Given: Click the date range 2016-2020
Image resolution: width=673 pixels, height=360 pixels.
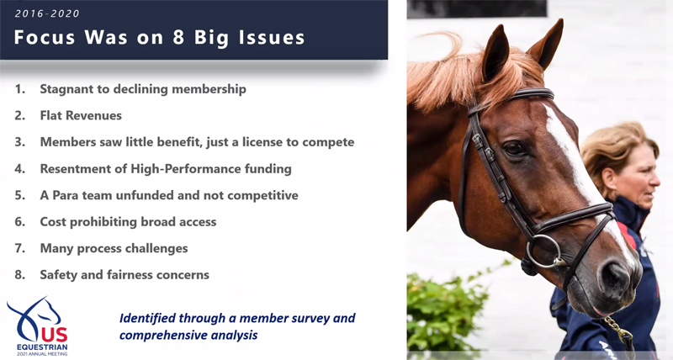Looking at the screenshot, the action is [47, 13].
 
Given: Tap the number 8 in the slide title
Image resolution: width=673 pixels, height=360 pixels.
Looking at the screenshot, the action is [178, 37].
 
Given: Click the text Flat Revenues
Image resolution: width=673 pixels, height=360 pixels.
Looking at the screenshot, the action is [81, 115].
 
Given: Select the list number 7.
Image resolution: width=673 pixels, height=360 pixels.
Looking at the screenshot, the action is [19, 248].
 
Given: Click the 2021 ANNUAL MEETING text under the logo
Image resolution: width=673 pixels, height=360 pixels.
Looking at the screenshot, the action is [42, 354].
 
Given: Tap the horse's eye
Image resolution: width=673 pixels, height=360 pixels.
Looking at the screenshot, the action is [514, 149].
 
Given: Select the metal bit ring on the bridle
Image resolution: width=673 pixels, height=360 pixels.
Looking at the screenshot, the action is [543, 251].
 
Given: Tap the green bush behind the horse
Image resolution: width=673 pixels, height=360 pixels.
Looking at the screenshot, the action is [447, 308].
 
